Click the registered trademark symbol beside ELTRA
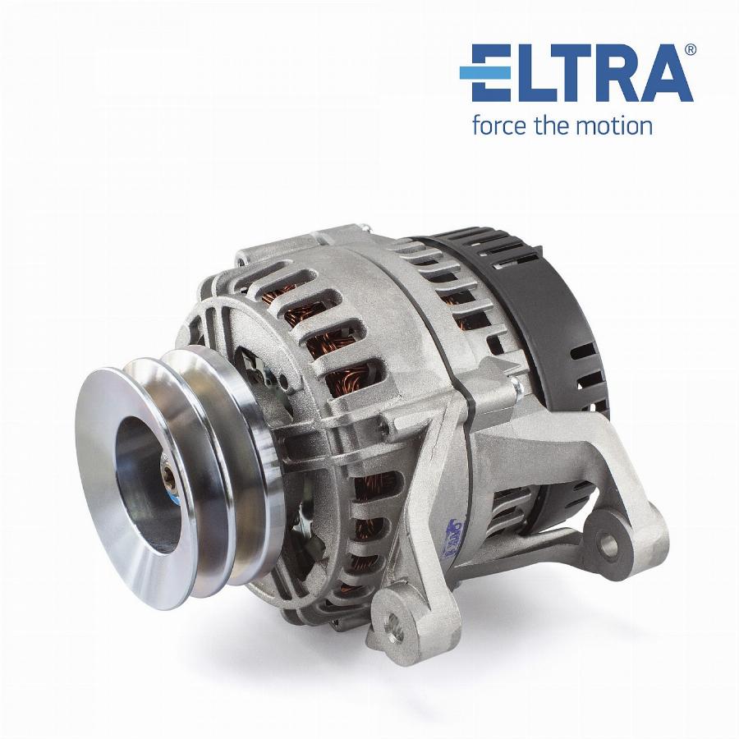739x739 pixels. [x=690, y=49]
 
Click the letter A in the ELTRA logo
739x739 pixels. [x=663, y=73]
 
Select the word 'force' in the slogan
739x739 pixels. [x=500, y=126]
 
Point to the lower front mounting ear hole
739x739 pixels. [x=391, y=625]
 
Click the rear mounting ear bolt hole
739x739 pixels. [x=608, y=543]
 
